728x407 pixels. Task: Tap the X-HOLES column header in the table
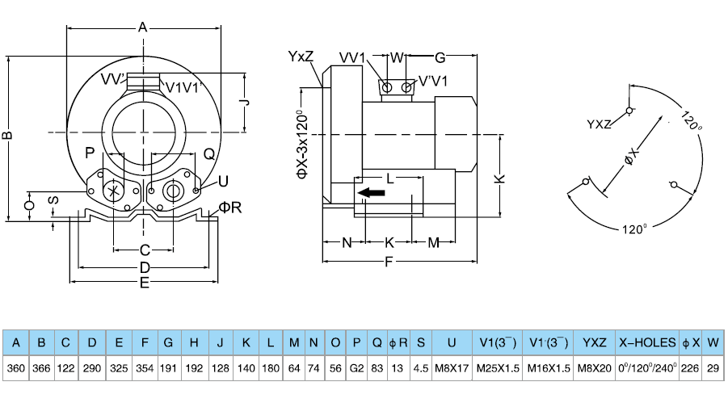(x=647, y=342)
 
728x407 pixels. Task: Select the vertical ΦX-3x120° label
(x=302, y=143)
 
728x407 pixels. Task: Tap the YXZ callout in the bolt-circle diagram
(x=599, y=124)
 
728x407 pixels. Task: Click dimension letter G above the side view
(x=440, y=57)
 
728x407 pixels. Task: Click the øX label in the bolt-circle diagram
(x=633, y=157)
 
